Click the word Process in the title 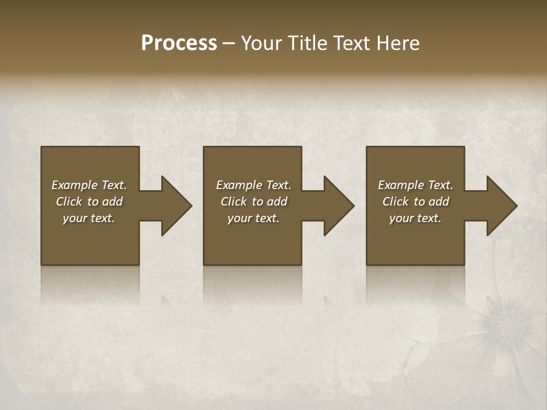coord(179,43)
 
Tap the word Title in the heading coord(306,43)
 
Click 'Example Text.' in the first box coord(89,185)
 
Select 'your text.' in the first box coord(89,218)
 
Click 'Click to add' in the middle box coord(254,202)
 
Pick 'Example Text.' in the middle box coord(254,185)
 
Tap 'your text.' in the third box coord(415,218)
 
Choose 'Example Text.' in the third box coord(415,185)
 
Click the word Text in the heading coord(351,43)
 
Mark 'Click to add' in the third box coord(415,202)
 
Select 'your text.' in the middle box coord(254,218)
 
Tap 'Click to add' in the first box coord(89,202)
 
